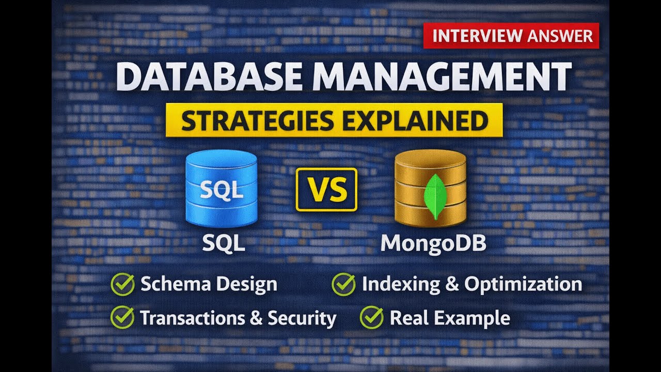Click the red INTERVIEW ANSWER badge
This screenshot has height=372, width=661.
pos(511,36)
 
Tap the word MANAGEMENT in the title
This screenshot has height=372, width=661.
pos(439,76)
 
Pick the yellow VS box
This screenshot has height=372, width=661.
pos(326,189)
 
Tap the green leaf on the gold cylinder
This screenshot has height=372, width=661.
pos(434,196)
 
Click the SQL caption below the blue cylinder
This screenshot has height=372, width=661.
pos(223,242)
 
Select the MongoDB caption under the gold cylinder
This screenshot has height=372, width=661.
pos(433,242)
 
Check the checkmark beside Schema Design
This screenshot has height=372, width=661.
pos(122,285)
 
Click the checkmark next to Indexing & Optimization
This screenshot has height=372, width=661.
pos(343,284)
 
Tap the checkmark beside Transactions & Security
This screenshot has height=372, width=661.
pos(122,318)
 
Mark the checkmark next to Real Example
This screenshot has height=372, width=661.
pos(371,318)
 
